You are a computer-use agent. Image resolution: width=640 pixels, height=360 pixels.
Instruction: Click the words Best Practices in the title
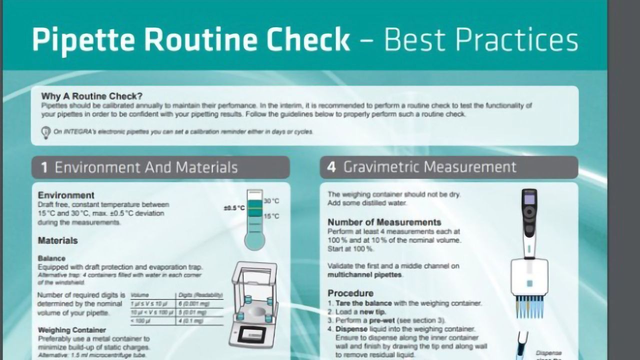(481, 40)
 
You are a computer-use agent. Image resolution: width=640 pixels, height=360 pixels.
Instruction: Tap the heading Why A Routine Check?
(91, 96)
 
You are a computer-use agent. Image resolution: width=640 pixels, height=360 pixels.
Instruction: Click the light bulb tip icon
(45, 132)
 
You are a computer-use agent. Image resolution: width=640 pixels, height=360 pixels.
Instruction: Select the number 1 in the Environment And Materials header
(44, 167)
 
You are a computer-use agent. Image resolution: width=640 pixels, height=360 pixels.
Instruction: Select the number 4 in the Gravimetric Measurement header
(331, 167)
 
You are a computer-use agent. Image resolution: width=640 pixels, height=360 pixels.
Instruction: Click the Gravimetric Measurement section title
(429, 167)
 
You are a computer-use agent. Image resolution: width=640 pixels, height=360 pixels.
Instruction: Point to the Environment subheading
(66, 195)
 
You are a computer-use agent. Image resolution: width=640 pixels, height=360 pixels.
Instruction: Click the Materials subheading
(57, 240)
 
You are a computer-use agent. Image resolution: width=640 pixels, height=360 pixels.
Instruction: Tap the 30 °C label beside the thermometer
(271, 201)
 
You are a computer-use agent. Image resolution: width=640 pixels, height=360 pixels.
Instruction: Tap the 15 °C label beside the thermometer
(271, 216)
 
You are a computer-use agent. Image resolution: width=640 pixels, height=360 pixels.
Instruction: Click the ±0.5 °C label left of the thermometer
(234, 207)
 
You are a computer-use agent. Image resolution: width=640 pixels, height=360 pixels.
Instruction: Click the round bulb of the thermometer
(254, 241)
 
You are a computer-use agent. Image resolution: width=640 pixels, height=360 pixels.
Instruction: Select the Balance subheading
(51, 258)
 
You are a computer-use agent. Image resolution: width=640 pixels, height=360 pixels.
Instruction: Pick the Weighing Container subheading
(71, 330)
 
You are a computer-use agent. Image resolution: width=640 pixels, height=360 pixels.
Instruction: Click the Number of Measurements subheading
(384, 222)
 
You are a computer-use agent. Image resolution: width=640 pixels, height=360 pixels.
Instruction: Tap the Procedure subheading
(350, 293)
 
